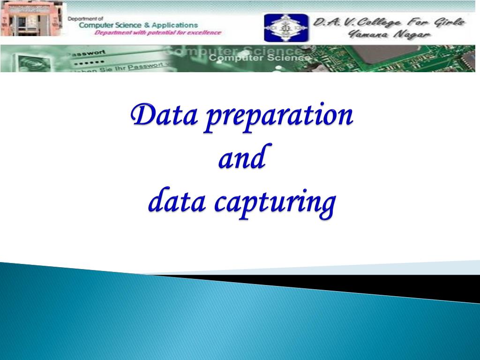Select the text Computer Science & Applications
(x=138, y=25)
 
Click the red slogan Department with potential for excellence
(x=157, y=33)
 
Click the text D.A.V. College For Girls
(x=389, y=22)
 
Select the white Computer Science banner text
(x=259, y=58)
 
